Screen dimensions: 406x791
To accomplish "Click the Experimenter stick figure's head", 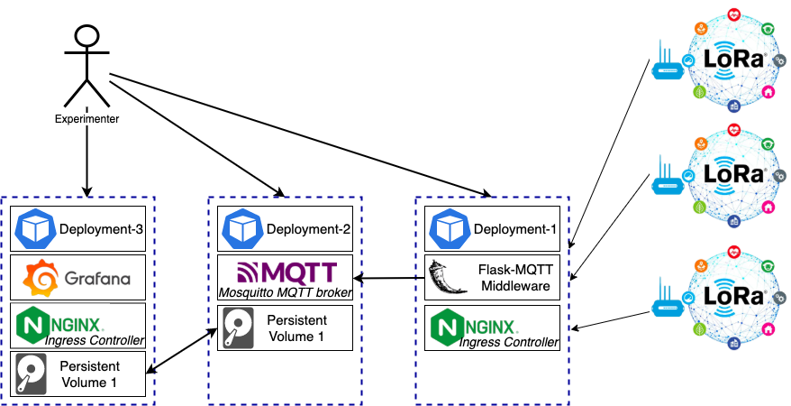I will click(86, 37).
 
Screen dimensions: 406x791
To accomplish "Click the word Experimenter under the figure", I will click(86, 118).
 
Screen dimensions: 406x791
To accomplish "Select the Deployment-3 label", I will click(101, 228).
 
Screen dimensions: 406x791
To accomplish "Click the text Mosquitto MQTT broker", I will click(285, 291).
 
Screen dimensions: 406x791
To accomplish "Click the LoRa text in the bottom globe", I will click(733, 297).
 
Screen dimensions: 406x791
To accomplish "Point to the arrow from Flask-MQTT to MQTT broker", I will click(388, 277).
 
